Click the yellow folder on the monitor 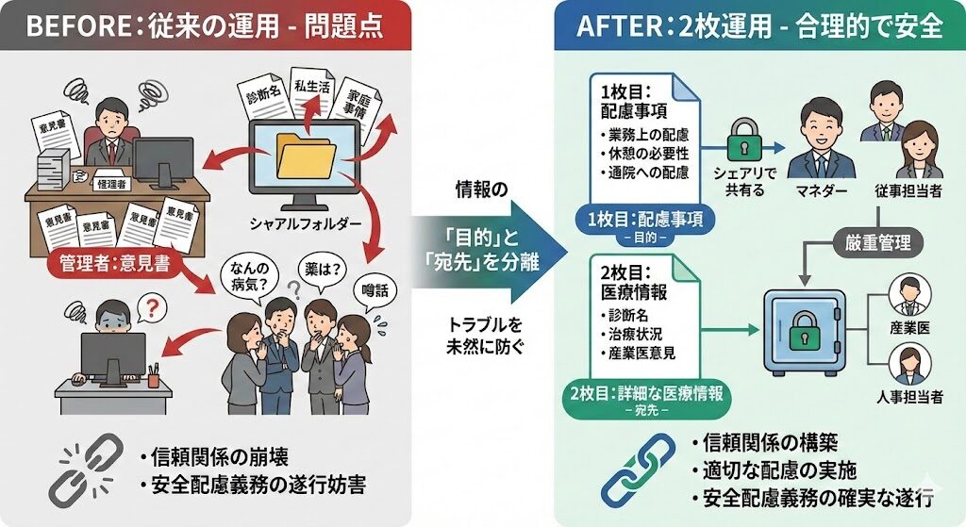click(x=306, y=156)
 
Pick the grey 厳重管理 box click(x=877, y=242)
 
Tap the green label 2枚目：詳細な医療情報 click(x=647, y=394)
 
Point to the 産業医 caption click(x=910, y=325)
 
